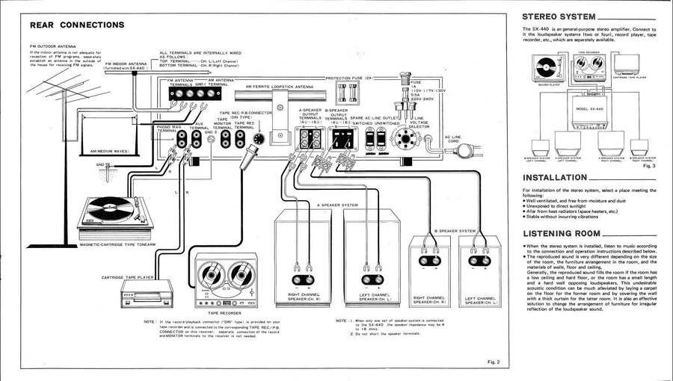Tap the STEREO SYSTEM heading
tap(559, 16)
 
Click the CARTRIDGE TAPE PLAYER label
tap(128, 277)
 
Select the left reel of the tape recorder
tap(211, 275)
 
